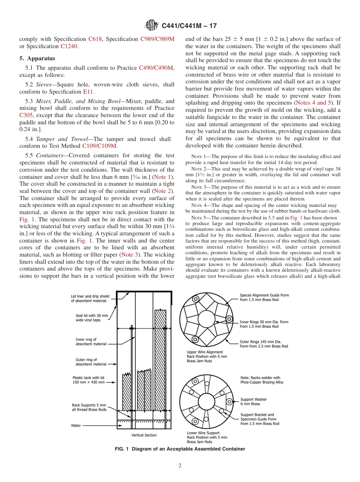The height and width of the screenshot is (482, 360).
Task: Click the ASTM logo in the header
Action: point(152,26)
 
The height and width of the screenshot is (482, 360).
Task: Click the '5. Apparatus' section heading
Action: point(37,58)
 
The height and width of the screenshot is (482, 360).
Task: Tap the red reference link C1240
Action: point(69,46)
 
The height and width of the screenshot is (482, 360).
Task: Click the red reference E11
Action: point(88,92)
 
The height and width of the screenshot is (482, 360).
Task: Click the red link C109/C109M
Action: point(99,146)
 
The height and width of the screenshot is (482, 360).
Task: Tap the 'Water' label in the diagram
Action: point(76,426)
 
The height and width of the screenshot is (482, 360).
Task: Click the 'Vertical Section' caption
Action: point(144,435)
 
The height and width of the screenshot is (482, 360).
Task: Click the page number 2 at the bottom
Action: point(180,466)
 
